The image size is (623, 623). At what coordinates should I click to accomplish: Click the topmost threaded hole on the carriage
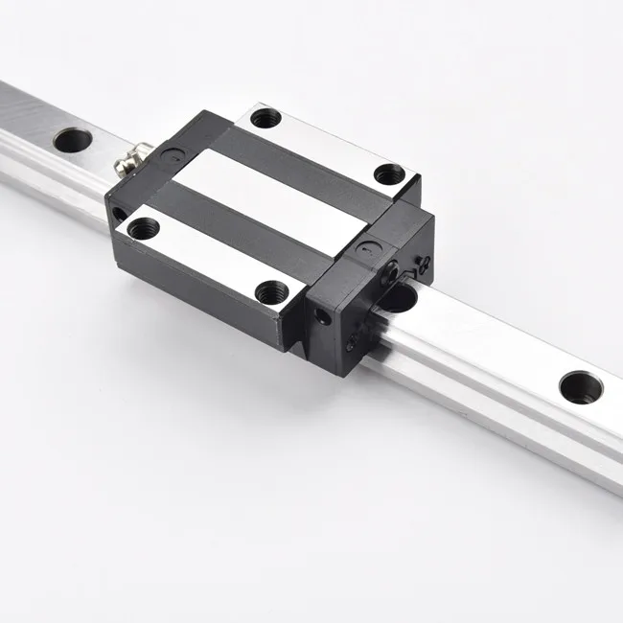pyautogui.click(x=265, y=118)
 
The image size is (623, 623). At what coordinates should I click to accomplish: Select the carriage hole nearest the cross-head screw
pyautogui.click(x=387, y=174)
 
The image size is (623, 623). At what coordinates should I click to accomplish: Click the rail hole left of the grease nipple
pyautogui.click(x=72, y=140)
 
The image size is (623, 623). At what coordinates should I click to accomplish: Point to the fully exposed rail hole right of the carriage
pyautogui.click(x=581, y=386)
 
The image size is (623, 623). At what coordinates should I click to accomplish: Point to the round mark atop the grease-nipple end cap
pyautogui.click(x=169, y=150)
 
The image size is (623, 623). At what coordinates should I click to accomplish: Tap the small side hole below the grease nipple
pyautogui.click(x=117, y=213)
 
